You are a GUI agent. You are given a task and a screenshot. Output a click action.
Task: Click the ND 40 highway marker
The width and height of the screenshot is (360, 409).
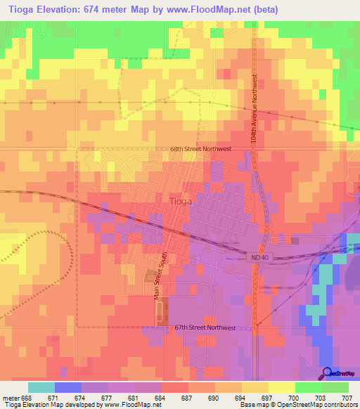[259, 258]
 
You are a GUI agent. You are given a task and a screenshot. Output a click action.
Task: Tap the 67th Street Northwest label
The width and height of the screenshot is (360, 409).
[204, 327]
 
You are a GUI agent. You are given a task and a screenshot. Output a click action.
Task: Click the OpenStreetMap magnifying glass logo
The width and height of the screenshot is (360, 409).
[327, 372]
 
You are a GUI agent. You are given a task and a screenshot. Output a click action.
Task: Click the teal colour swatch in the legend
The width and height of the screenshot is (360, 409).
[41, 387]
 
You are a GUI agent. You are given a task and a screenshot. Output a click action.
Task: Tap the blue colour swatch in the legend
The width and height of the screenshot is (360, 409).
[68, 387]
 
